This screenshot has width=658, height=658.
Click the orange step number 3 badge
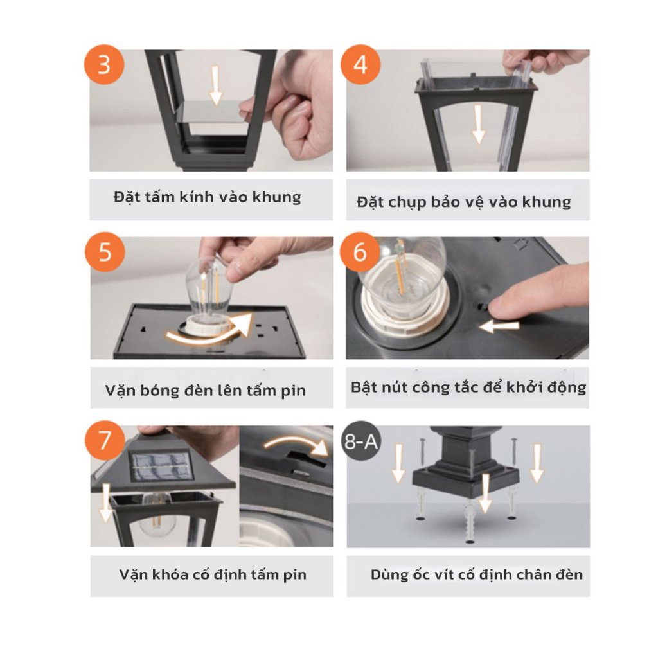click(104, 65)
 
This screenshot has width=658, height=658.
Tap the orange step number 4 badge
click(360, 65)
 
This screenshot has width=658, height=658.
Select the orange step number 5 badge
click(105, 252)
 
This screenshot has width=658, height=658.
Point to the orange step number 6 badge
click(360, 252)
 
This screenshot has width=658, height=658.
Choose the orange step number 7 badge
click(105, 440)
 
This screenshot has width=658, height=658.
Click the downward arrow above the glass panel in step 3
click(215, 85)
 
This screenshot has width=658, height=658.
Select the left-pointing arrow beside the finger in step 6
click(499, 326)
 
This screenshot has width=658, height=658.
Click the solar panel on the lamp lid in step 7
click(159, 466)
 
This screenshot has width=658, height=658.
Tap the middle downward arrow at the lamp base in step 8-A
click(486, 493)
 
